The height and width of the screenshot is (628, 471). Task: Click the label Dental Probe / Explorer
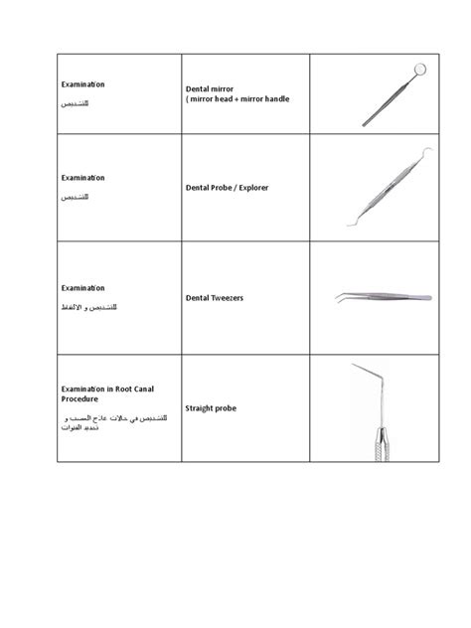pyautogui.click(x=228, y=187)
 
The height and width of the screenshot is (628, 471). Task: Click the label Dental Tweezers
pyautogui.click(x=215, y=296)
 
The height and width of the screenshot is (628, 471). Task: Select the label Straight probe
pyautogui.click(x=212, y=407)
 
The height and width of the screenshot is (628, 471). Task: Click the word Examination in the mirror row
pyautogui.click(x=83, y=84)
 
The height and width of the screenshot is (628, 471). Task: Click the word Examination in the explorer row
pyautogui.click(x=83, y=178)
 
